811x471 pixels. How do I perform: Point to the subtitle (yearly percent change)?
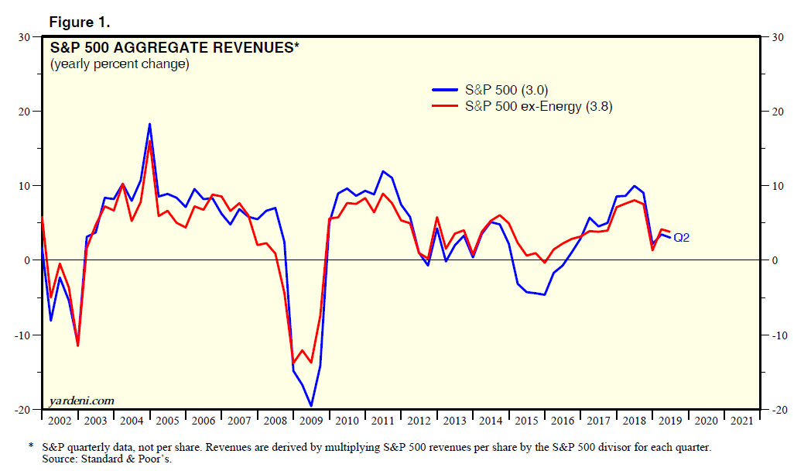pyautogui.click(x=119, y=64)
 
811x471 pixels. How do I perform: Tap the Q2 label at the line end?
pyautogui.click(x=681, y=238)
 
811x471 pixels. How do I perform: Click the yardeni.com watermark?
pyautogui.click(x=81, y=401)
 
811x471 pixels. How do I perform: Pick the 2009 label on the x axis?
pyautogui.click(x=312, y=421)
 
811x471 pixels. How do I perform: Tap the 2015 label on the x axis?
pyautogui.click(x=528, y=421)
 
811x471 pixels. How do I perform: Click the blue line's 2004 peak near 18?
pyautogui.click(x=149, y=124)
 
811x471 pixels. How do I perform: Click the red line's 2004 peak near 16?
pyautogui.click(x=149, y=140)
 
